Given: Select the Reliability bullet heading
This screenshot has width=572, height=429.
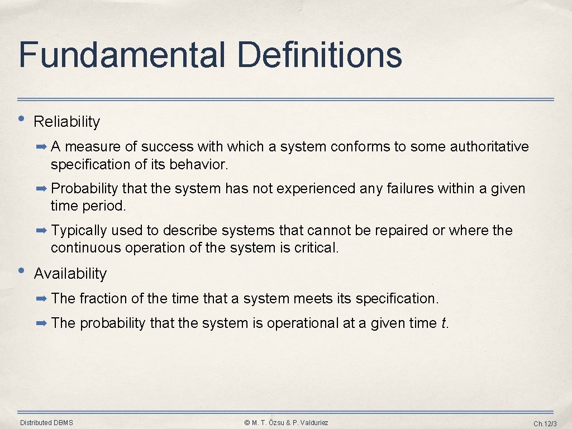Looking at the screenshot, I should [67, 122].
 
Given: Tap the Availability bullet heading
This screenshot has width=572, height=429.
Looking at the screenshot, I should [70, 274].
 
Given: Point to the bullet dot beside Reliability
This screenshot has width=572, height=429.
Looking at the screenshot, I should [21, 118].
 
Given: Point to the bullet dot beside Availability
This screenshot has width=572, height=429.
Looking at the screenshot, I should [21, 270].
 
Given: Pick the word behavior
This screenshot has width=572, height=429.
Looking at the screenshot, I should [201, 165].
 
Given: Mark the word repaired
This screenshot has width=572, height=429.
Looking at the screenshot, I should [401, 231].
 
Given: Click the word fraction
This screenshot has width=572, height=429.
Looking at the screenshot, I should [103, 299].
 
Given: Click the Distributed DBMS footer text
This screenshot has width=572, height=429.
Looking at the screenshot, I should [46, 423].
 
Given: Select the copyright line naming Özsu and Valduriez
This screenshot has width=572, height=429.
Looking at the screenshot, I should [286, 423].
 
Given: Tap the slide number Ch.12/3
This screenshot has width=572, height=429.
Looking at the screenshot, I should [545, 423].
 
